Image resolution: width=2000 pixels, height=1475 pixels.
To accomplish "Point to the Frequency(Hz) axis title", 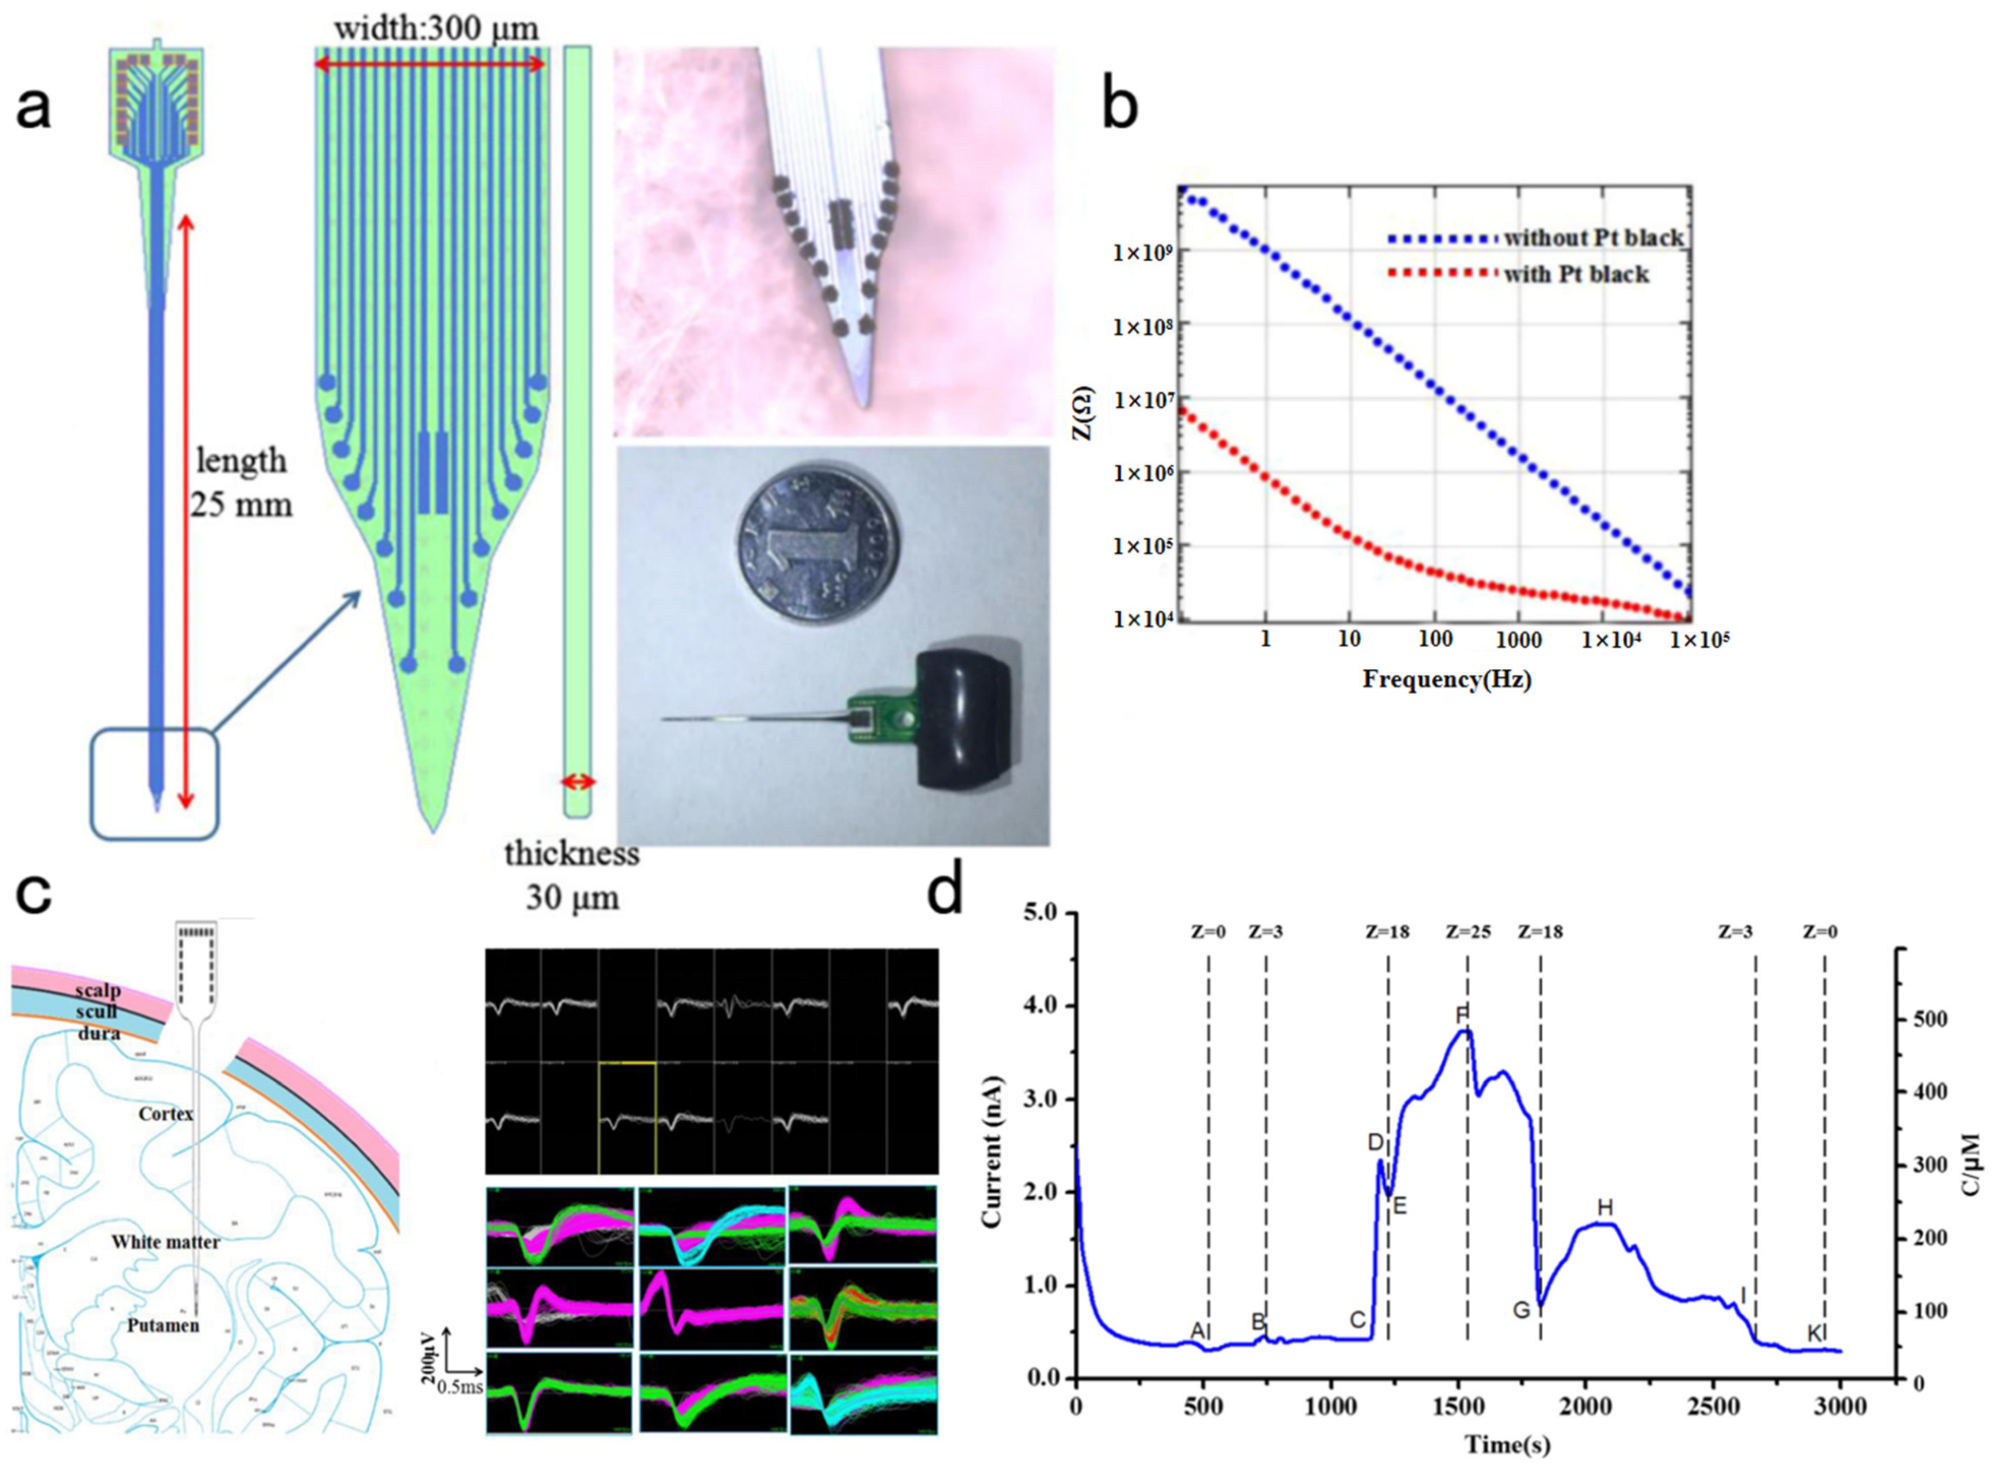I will tap(1446, 680).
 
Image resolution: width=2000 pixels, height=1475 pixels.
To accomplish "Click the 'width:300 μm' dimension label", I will tap(437, 30).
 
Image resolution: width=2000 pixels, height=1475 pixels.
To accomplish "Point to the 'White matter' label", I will tap(165, 1242).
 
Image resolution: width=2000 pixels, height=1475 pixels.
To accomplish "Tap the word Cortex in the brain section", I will tap(166, 1114).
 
